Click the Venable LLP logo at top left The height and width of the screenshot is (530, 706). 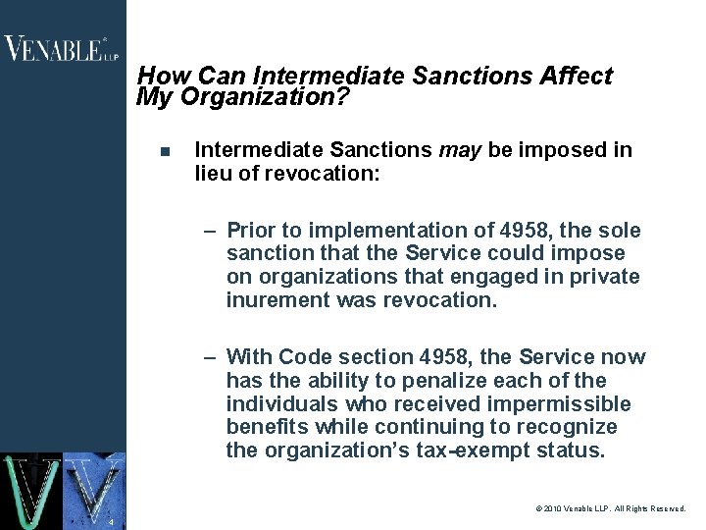click(61, 48)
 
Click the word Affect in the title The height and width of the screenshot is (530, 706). click(580, 77)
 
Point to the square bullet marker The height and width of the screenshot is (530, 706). click(165, 152)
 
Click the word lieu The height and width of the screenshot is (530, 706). click(214, 174)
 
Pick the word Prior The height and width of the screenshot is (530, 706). click(252, 231)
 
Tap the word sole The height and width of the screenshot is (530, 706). click(620, 231)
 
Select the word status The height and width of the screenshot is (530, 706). click(576, 450)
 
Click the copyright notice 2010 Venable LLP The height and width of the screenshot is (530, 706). click(611, 509)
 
